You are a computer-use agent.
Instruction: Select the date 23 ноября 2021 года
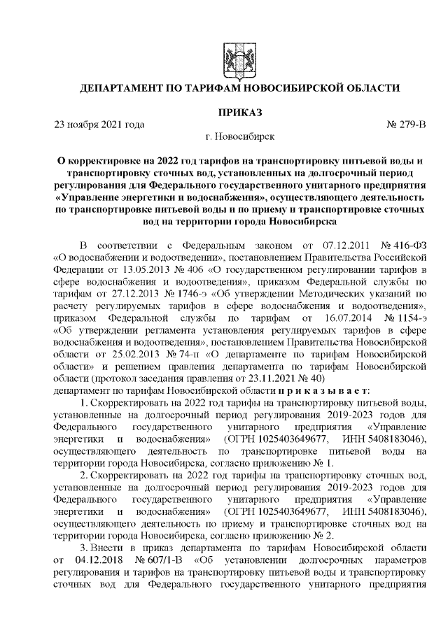[x=99, y=125]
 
